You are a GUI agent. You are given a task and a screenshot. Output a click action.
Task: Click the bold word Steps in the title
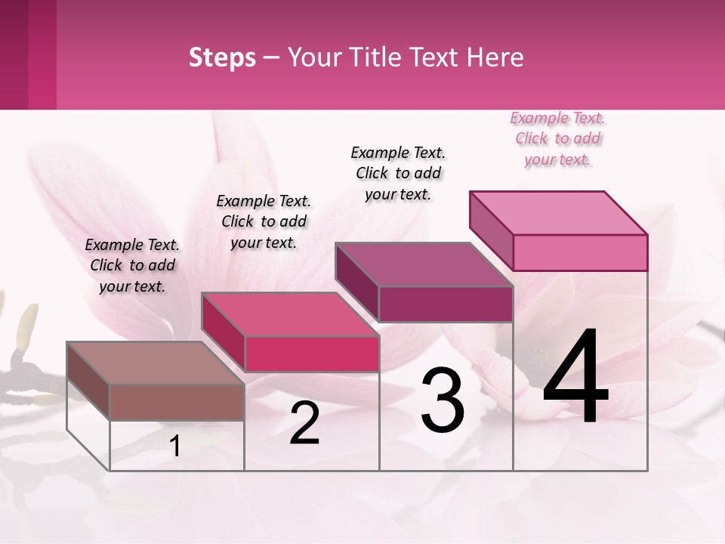coord(222,57)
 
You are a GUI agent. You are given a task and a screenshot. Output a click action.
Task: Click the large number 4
coord(575,378)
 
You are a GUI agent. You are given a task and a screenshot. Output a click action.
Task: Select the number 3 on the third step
coord(443,400)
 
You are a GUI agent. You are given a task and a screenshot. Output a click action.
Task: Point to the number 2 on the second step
coord(304,424)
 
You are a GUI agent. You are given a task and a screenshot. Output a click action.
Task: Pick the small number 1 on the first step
coord(175,447)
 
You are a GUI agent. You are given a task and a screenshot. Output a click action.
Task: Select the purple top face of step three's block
coord(423,264)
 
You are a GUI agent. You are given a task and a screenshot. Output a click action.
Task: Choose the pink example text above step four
coord(558,139)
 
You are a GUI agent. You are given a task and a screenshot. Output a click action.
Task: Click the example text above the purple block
coord(398,173)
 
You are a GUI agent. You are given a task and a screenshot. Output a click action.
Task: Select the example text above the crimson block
coord(264,221)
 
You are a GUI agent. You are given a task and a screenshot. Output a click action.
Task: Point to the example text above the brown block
coord(132,265)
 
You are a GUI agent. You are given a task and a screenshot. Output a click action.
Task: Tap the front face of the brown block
coord(177,402)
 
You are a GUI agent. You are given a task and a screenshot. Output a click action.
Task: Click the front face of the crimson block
coord(311,354)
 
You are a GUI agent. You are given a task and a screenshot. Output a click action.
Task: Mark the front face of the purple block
coord(446,304)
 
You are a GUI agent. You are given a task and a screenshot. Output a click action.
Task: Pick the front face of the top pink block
coord(580,252)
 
